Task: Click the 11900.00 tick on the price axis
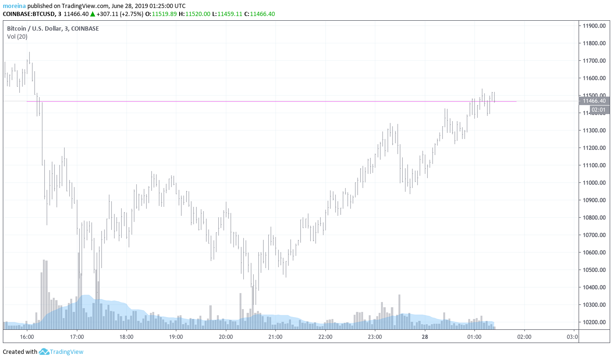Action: click(594, 26)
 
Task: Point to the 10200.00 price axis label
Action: click(594, 322)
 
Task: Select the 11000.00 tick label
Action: click(594, 183)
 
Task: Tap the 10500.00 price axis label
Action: click(594, 270)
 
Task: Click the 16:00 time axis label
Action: click(27, 337)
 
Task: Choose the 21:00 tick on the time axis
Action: click(275, 337)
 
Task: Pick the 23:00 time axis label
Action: click(375, 337)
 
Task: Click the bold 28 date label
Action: click(425, 337)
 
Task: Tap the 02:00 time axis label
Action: click(524, 337)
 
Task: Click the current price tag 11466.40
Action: click(594, 101)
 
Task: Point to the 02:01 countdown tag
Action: click(598, 110)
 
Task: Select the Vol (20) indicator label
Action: click(17, 37)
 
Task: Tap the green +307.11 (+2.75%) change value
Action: click(118, 14)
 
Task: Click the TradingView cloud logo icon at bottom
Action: click(44, 352)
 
